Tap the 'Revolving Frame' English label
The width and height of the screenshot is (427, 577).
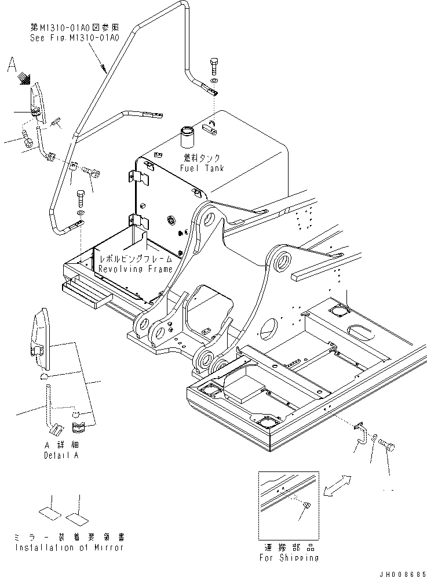pyautogui.click(x=135, y=269)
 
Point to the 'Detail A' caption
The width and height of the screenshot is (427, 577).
pyautogui.click(x=61, y=455)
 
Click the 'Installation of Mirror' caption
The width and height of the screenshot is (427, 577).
pyautogui.click(x=69, y=547)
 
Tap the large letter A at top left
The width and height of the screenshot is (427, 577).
pyautogui.click(x=12, y=66)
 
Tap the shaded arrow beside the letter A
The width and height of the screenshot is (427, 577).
pyautogui.click(x=24, y=77)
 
